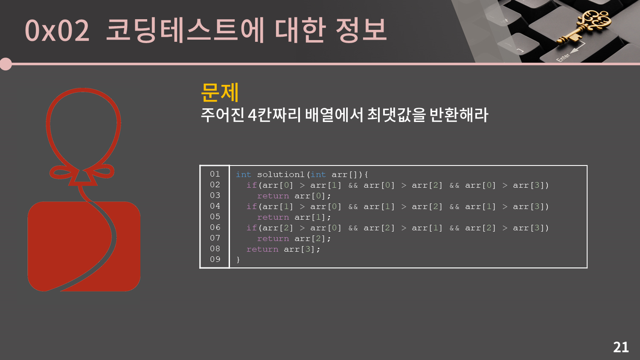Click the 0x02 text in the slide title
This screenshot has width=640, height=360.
57,30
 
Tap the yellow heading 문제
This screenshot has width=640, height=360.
220,92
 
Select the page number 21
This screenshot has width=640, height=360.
621,347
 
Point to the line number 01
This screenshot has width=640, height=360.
215,174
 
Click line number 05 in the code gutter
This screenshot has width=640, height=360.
215,217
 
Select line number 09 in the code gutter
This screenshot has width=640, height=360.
215,259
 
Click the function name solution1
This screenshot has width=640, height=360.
281,174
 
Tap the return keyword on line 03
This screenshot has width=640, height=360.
273,196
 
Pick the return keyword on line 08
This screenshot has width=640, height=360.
262,249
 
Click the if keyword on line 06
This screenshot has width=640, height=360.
251,228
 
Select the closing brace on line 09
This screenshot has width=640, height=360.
238,260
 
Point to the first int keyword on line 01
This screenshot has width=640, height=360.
244,174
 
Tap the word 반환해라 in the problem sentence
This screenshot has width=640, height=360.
459,115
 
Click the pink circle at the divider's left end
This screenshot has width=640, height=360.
6,64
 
